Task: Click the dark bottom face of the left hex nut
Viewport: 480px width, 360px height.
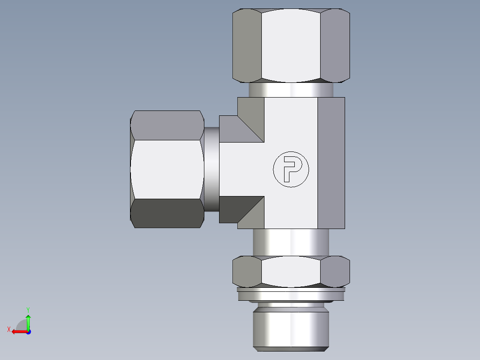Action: click(x=167, y=213)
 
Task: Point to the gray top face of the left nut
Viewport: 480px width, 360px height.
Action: click(x=167, y=125)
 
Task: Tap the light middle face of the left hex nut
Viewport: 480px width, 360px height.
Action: click(x=167, y=169)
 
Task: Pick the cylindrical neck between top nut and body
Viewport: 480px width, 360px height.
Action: click(x=291, y=90)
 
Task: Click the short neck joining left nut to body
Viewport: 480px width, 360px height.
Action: click(x=212, y=169)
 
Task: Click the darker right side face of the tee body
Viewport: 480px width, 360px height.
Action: click(x=331, y=163)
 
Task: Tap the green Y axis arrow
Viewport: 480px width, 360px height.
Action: click(x=28, y=320)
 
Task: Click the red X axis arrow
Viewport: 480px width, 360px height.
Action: click(x=18, y=331)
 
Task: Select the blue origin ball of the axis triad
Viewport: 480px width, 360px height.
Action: click(x=28, y=331)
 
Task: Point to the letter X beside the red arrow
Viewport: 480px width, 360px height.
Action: click(x=8, y=329)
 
